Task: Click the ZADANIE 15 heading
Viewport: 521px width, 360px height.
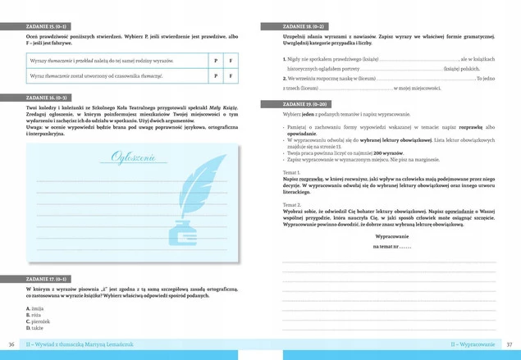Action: point(48,26)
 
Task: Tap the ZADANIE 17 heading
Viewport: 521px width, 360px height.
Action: point(48,280)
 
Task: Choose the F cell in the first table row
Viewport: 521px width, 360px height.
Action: point(230,62)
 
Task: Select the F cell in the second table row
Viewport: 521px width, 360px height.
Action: point(230,76)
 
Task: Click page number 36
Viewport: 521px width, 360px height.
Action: point(11,344)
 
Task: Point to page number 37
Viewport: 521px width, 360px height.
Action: point(510,344)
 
